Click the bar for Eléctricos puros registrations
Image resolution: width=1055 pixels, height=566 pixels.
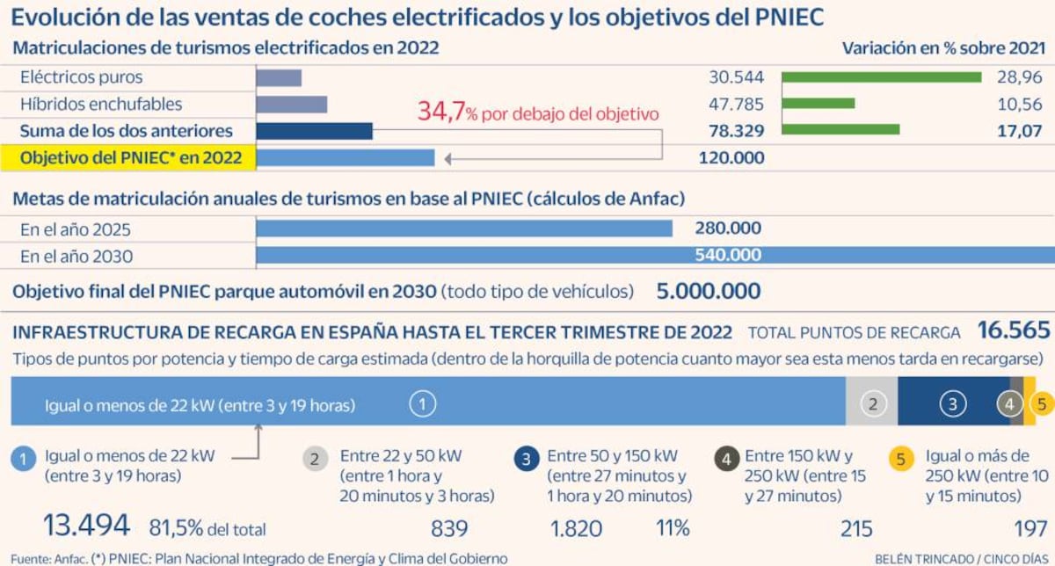click(279, 77)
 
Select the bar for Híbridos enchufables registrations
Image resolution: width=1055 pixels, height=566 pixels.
click(292, 105)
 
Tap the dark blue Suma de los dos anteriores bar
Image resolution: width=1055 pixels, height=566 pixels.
click(314, 131)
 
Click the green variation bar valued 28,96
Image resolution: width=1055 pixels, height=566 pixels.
click(881, 77)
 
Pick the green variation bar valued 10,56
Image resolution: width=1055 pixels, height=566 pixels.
click(818, 104)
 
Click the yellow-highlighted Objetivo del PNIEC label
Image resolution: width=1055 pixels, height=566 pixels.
click(133, 158)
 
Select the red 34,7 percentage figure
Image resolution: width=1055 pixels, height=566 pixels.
click(440, 112)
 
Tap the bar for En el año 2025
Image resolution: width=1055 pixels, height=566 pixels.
click(464, 229)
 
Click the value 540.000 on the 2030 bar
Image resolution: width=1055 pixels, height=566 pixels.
click(727, 256)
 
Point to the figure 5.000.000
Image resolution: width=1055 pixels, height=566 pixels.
click(709, 292)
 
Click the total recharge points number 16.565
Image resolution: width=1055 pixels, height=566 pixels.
click(1014, 331)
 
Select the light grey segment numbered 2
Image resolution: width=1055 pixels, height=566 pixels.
click(872, 404)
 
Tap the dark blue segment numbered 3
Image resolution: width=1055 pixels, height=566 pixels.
click(953, 404)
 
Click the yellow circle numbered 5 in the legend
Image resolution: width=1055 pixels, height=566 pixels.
click(901, 458)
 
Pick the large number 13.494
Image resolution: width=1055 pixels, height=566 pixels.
click(87, 526)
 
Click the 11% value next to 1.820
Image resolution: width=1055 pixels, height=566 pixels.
click(673, 528)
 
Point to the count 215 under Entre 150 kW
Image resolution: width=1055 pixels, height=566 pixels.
click(855, 528)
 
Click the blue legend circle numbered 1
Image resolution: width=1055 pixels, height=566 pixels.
click(25, 458)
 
